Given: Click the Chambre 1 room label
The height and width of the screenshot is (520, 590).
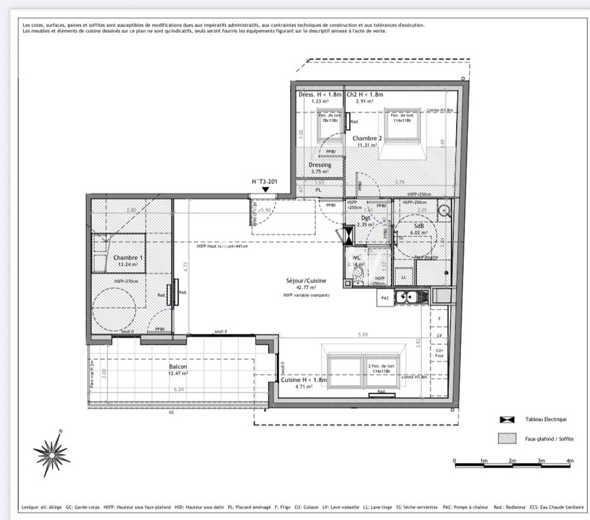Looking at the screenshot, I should pyautogui.click(x=128, y=258).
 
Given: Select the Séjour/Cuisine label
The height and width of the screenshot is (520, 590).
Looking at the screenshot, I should pyautogui.click(x=306, y=280).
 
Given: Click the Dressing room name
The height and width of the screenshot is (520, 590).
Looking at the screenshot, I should pyautogui.click(x=320, y=165).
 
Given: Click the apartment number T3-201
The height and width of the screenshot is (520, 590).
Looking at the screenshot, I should pyautogui.click(x=264, y=182).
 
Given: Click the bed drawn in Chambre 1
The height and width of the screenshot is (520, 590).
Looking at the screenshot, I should pyautogui.click(x=119, y=253).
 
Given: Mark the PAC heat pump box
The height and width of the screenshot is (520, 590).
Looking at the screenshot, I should pyautogui.click(x=384, y=297).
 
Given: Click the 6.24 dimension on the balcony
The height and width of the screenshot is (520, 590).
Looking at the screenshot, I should pyautogui.click(x=179, y=390).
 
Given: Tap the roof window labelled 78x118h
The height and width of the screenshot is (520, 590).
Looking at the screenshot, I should pyautogui.click(x=329, y=119).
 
